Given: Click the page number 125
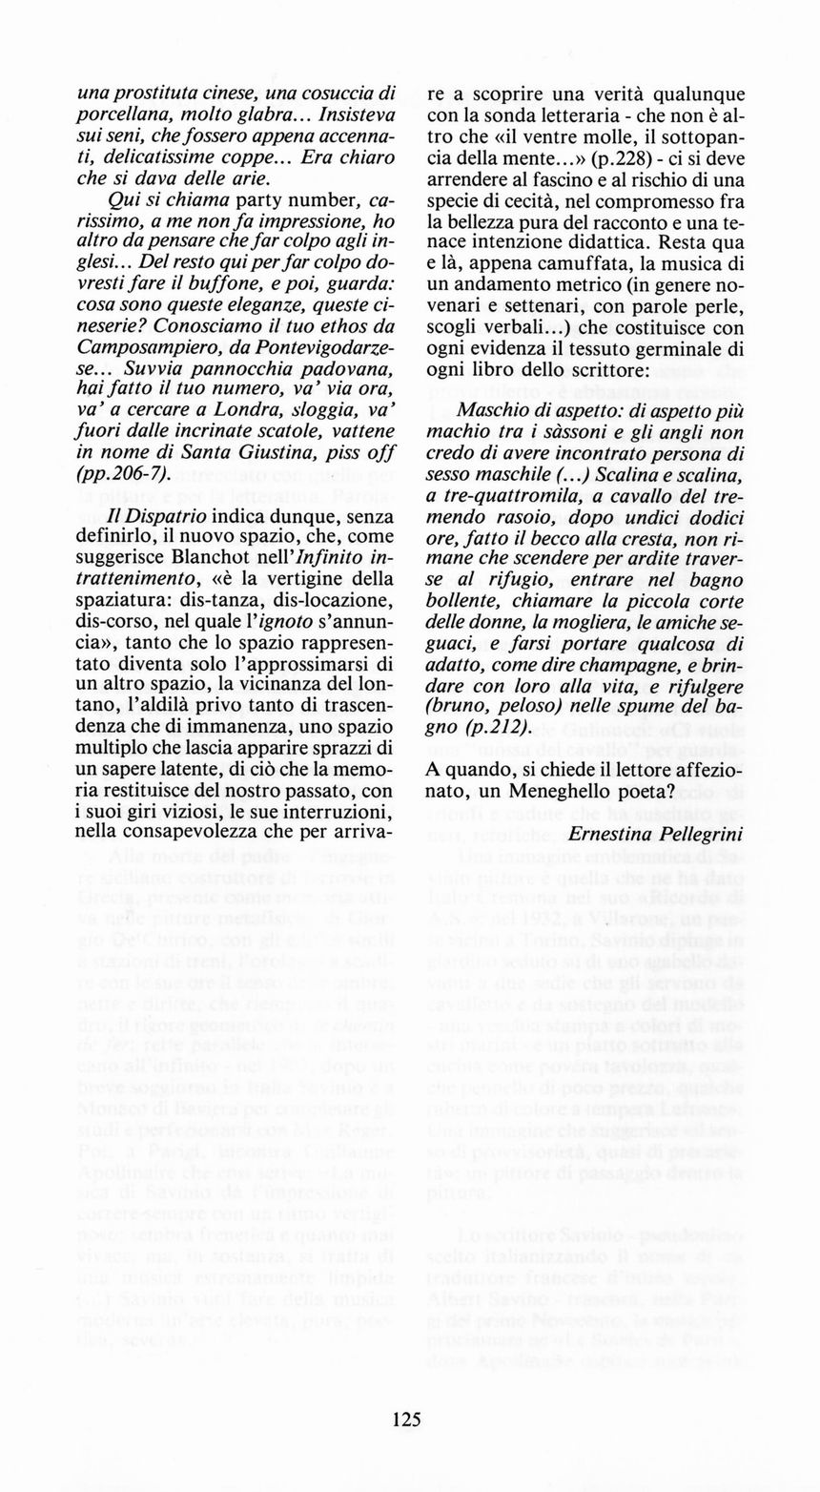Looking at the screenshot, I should [x=406, y=1418].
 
